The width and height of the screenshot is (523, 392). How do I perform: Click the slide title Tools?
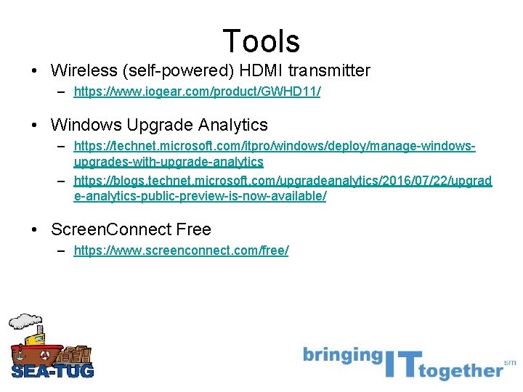[261, 41]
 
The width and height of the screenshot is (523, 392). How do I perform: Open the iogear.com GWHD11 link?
[197, 93]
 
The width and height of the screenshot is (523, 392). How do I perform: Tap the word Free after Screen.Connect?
[193, 230]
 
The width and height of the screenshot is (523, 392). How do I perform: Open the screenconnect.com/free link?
[181, 250]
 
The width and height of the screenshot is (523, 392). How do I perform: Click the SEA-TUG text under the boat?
[52, 371]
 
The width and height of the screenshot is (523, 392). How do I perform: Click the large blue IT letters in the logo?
[401, 361]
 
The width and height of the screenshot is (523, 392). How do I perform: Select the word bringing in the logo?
[342, 356]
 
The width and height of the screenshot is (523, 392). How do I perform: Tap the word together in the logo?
[461, 371]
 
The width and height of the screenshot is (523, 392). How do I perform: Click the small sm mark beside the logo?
[510, 362]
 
